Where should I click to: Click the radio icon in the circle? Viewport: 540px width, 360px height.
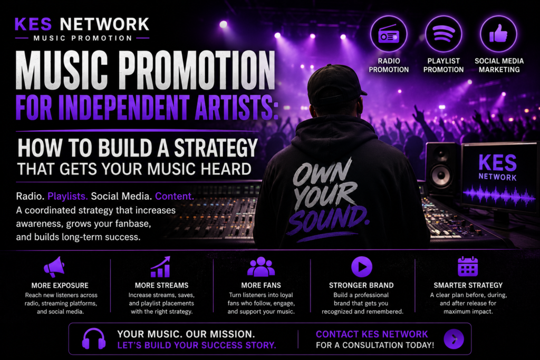[389, 34]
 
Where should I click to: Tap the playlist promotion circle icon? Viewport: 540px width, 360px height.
[443, 34]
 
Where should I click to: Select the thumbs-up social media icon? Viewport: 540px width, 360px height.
[498, 34]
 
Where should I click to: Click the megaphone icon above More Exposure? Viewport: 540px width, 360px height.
[54, 267]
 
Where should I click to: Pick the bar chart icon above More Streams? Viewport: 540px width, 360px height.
[160, 267]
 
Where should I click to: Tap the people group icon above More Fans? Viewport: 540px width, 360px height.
[261, 267]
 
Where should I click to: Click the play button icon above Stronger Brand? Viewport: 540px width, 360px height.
[362, 267]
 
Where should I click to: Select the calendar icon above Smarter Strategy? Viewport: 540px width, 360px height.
[468, 266]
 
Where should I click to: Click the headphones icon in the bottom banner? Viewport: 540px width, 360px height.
[94, 339]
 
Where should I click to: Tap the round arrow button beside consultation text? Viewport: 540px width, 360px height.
[454, 339]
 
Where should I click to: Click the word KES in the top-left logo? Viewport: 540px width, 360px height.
[33, 24]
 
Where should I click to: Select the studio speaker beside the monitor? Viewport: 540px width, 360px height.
[442, 169]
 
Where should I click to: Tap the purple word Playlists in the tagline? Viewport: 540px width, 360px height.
[67, 196]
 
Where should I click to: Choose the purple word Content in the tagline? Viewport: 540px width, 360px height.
[174, 196]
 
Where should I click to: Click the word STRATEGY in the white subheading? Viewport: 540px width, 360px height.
[216, 148]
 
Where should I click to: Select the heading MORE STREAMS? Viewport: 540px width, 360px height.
[161, 285]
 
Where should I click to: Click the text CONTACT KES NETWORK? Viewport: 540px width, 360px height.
[372, 334]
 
